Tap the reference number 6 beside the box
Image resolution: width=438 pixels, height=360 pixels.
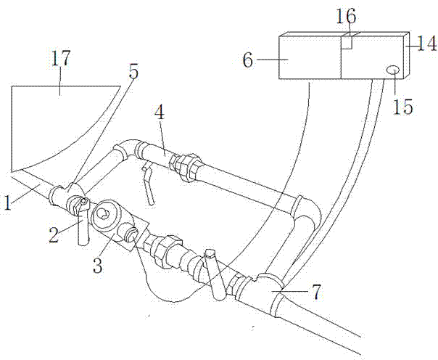(248, 60)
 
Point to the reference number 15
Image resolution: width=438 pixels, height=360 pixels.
(402, 106)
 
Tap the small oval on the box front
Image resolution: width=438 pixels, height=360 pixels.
(393, 70)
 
